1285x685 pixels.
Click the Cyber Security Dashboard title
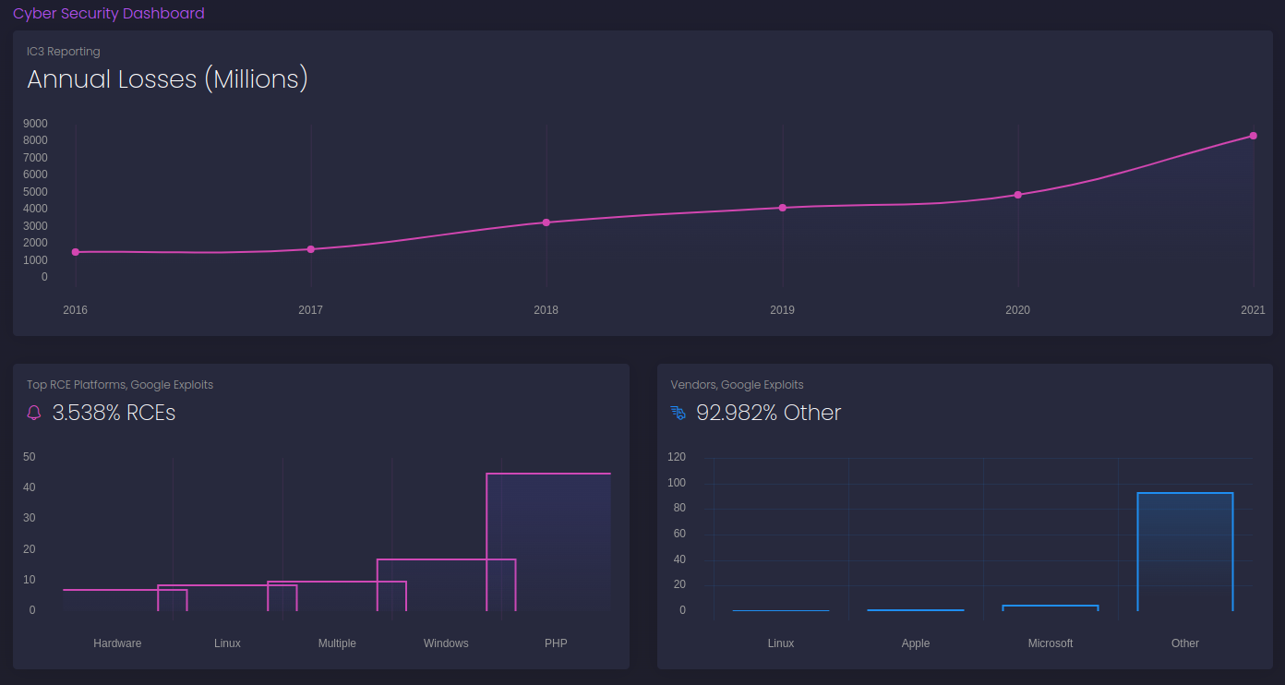[x=109, y=14]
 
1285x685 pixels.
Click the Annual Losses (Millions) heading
[x=167, y=79]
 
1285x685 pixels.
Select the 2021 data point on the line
[x=1253, y=136]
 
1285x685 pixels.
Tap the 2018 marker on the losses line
[x=546, y=222]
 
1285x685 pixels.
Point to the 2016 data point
[x=76, y=252]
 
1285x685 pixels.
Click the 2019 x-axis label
[x=782, y=310]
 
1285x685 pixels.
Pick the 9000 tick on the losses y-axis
[x=37, y=124]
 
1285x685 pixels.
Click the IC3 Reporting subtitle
[x=64, y=52]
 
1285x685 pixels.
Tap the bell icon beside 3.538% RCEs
[x=34, y=413]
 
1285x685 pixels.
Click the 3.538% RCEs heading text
[x=114, y=413]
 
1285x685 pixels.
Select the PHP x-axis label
[x=556, y=643]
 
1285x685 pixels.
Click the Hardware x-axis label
[x=117, y=643]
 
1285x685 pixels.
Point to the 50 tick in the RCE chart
[x=30, y=457]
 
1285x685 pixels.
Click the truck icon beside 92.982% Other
[x=679, y=413]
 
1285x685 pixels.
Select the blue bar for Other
[x=1185, y=551]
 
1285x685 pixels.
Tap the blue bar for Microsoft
[x=1051, y=607]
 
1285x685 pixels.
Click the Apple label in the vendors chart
[x=916, y=643]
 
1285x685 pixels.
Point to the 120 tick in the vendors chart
[x=677, y=457]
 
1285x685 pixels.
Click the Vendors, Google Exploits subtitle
[x=737, y=385]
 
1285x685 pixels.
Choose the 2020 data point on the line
[x=1018, y=195]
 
